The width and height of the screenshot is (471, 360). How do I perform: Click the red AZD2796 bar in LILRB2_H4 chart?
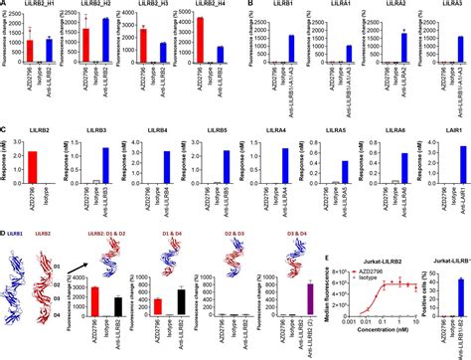coord(201,47)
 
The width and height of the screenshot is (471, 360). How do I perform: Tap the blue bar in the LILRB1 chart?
coord(291,50)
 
